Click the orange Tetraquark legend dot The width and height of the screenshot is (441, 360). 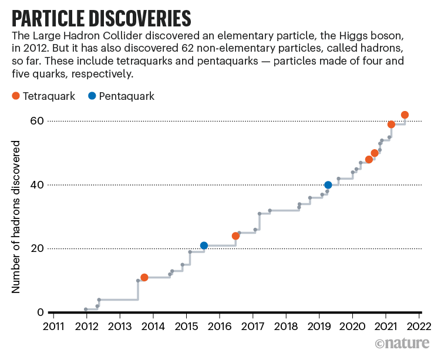coord(15,96)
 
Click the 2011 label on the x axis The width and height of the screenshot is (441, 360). coord(53,327)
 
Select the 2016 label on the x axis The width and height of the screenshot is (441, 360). coord(220,327)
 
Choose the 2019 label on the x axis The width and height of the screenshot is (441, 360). coord(319,327)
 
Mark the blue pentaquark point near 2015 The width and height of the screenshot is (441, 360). coord(204,245)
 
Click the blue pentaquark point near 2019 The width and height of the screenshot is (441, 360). coord(328,185)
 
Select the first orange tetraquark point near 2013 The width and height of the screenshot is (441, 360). coord(144,277)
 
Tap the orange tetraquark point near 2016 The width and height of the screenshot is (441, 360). coord(235,236)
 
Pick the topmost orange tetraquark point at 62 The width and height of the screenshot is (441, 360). coord(405,115)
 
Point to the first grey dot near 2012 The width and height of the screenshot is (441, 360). coord(86,309)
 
